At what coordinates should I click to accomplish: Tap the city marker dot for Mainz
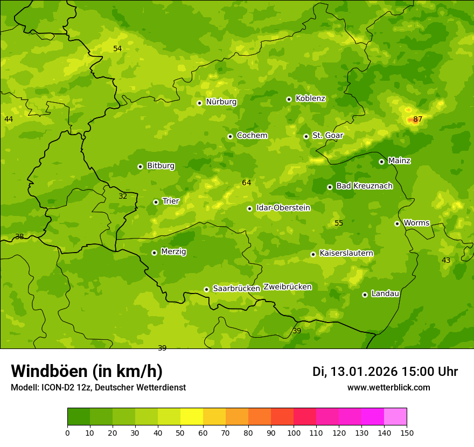tap(381, 162)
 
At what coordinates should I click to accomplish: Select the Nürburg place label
tap(221, 102)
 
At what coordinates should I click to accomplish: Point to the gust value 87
tap(418, 119)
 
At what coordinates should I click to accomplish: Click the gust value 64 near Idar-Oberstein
tap(247, 183)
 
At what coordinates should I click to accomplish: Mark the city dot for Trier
tap(156, 202)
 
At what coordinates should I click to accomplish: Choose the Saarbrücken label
tap(236, 289)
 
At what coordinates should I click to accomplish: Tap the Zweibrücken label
tap(287, 287)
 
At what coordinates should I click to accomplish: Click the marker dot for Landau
tap(365, 295)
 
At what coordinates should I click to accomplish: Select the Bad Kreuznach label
tap(364, 186)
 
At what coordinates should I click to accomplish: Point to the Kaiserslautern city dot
tap(313, 254)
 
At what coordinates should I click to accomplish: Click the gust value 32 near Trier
tap(123, 197)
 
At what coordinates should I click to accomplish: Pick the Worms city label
tap(416, 223)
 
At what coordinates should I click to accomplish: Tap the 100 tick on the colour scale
tap(294, 432)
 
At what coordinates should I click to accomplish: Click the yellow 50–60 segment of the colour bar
tap(192, 417)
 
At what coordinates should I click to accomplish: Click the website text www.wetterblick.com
tap(388, 388)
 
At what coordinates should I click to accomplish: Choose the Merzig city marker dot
tap(154, 253)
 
